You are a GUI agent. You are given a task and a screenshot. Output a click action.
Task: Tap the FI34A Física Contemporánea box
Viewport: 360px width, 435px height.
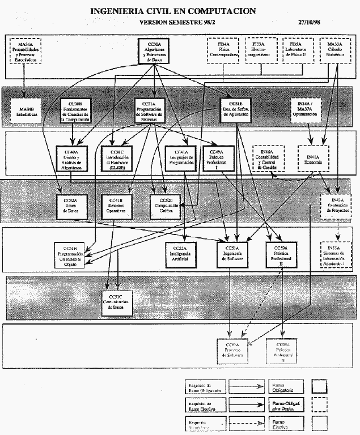pyautogui.click(x=223, y=50)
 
